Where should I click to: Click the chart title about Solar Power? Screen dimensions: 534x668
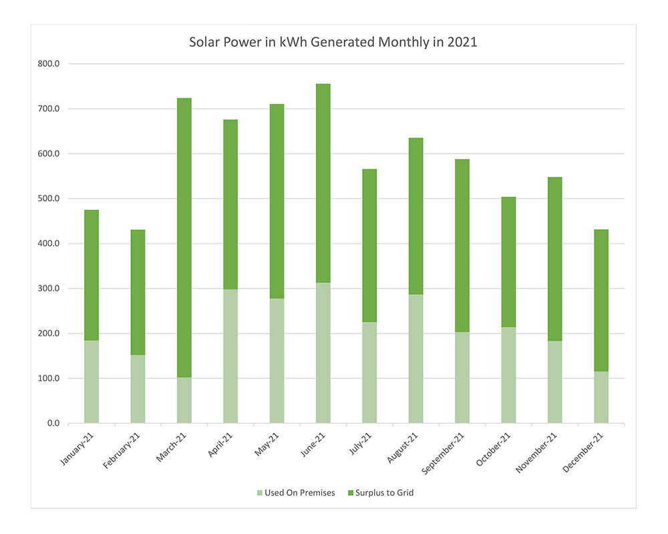[333, 42]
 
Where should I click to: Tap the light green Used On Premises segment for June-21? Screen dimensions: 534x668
[323, 353]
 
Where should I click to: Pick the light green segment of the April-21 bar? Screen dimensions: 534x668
[230, 356]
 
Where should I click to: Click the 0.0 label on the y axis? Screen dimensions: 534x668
[53, 424]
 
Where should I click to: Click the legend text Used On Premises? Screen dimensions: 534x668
[299, 493]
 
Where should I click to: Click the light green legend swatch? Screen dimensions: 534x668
[259, 493]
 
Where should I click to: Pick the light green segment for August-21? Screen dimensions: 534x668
[415, 358]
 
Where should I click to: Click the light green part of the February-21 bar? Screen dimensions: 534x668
[138, 389]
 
